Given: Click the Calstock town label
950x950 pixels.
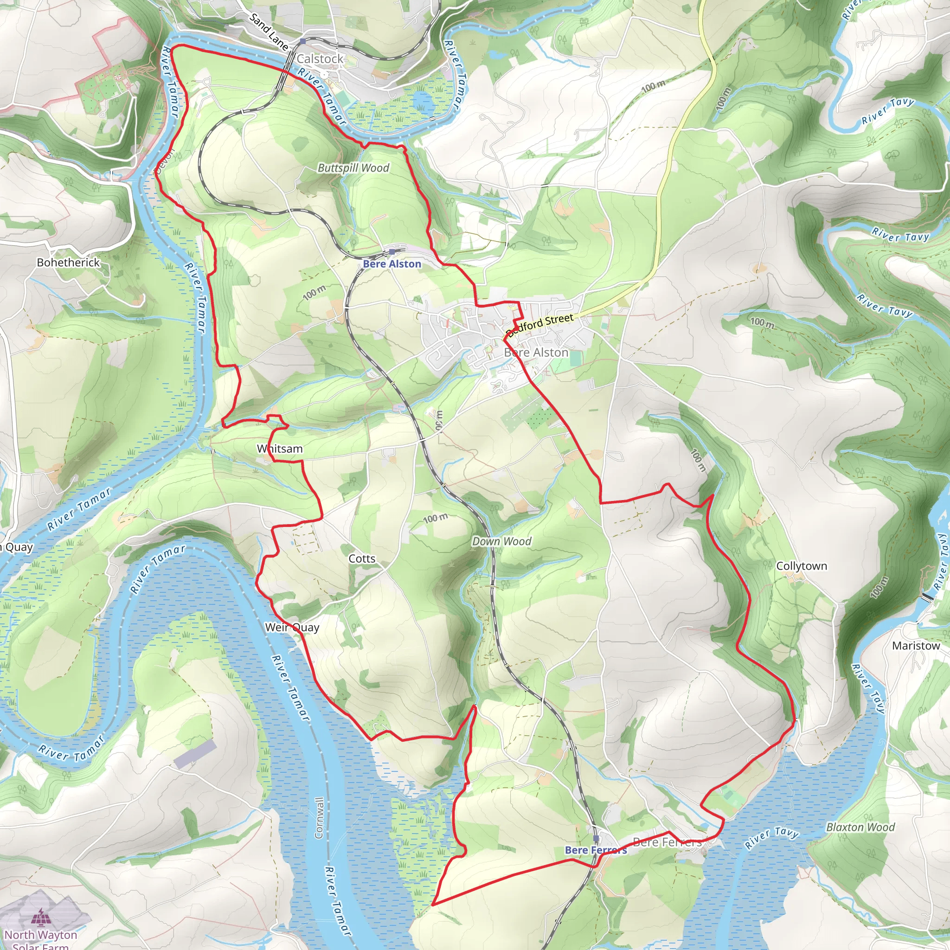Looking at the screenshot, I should [x=320, y=59].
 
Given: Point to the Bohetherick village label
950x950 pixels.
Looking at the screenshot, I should [x=68, y=263].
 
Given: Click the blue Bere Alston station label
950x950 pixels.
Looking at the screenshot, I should [x=392, y=264].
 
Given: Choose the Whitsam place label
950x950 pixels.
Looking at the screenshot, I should [x=280, y=449].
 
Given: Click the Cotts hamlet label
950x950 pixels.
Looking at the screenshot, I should [x=362, y=558].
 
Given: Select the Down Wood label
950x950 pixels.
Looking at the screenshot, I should [x=501, y=541].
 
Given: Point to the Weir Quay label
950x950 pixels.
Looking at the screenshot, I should [x=292, y=628].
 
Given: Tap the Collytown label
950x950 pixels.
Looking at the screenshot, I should [x=802, y=566].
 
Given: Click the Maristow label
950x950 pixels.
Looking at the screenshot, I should [x=916, y=646].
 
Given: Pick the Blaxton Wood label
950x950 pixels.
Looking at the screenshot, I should [x=860, y=828].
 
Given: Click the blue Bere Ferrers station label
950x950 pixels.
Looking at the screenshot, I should [x=596, y=850].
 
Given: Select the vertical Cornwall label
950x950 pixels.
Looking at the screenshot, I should [x=320, y=818].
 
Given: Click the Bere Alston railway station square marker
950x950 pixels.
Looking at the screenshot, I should [x=392, y=252].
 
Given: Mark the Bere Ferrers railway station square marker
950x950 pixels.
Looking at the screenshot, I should [x=596, y=838].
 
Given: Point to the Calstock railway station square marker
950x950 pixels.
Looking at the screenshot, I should [x=303, y=42].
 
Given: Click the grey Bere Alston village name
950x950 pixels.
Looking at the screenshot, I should [x=536, y=353].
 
